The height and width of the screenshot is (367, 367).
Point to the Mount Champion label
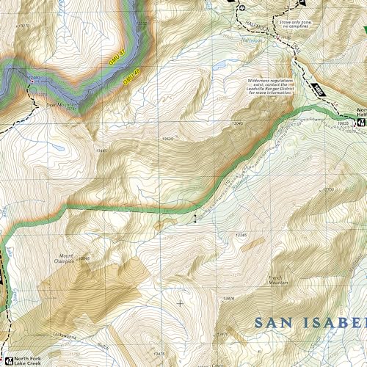[64, 260]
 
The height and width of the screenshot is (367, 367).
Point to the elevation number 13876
[229, 298]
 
